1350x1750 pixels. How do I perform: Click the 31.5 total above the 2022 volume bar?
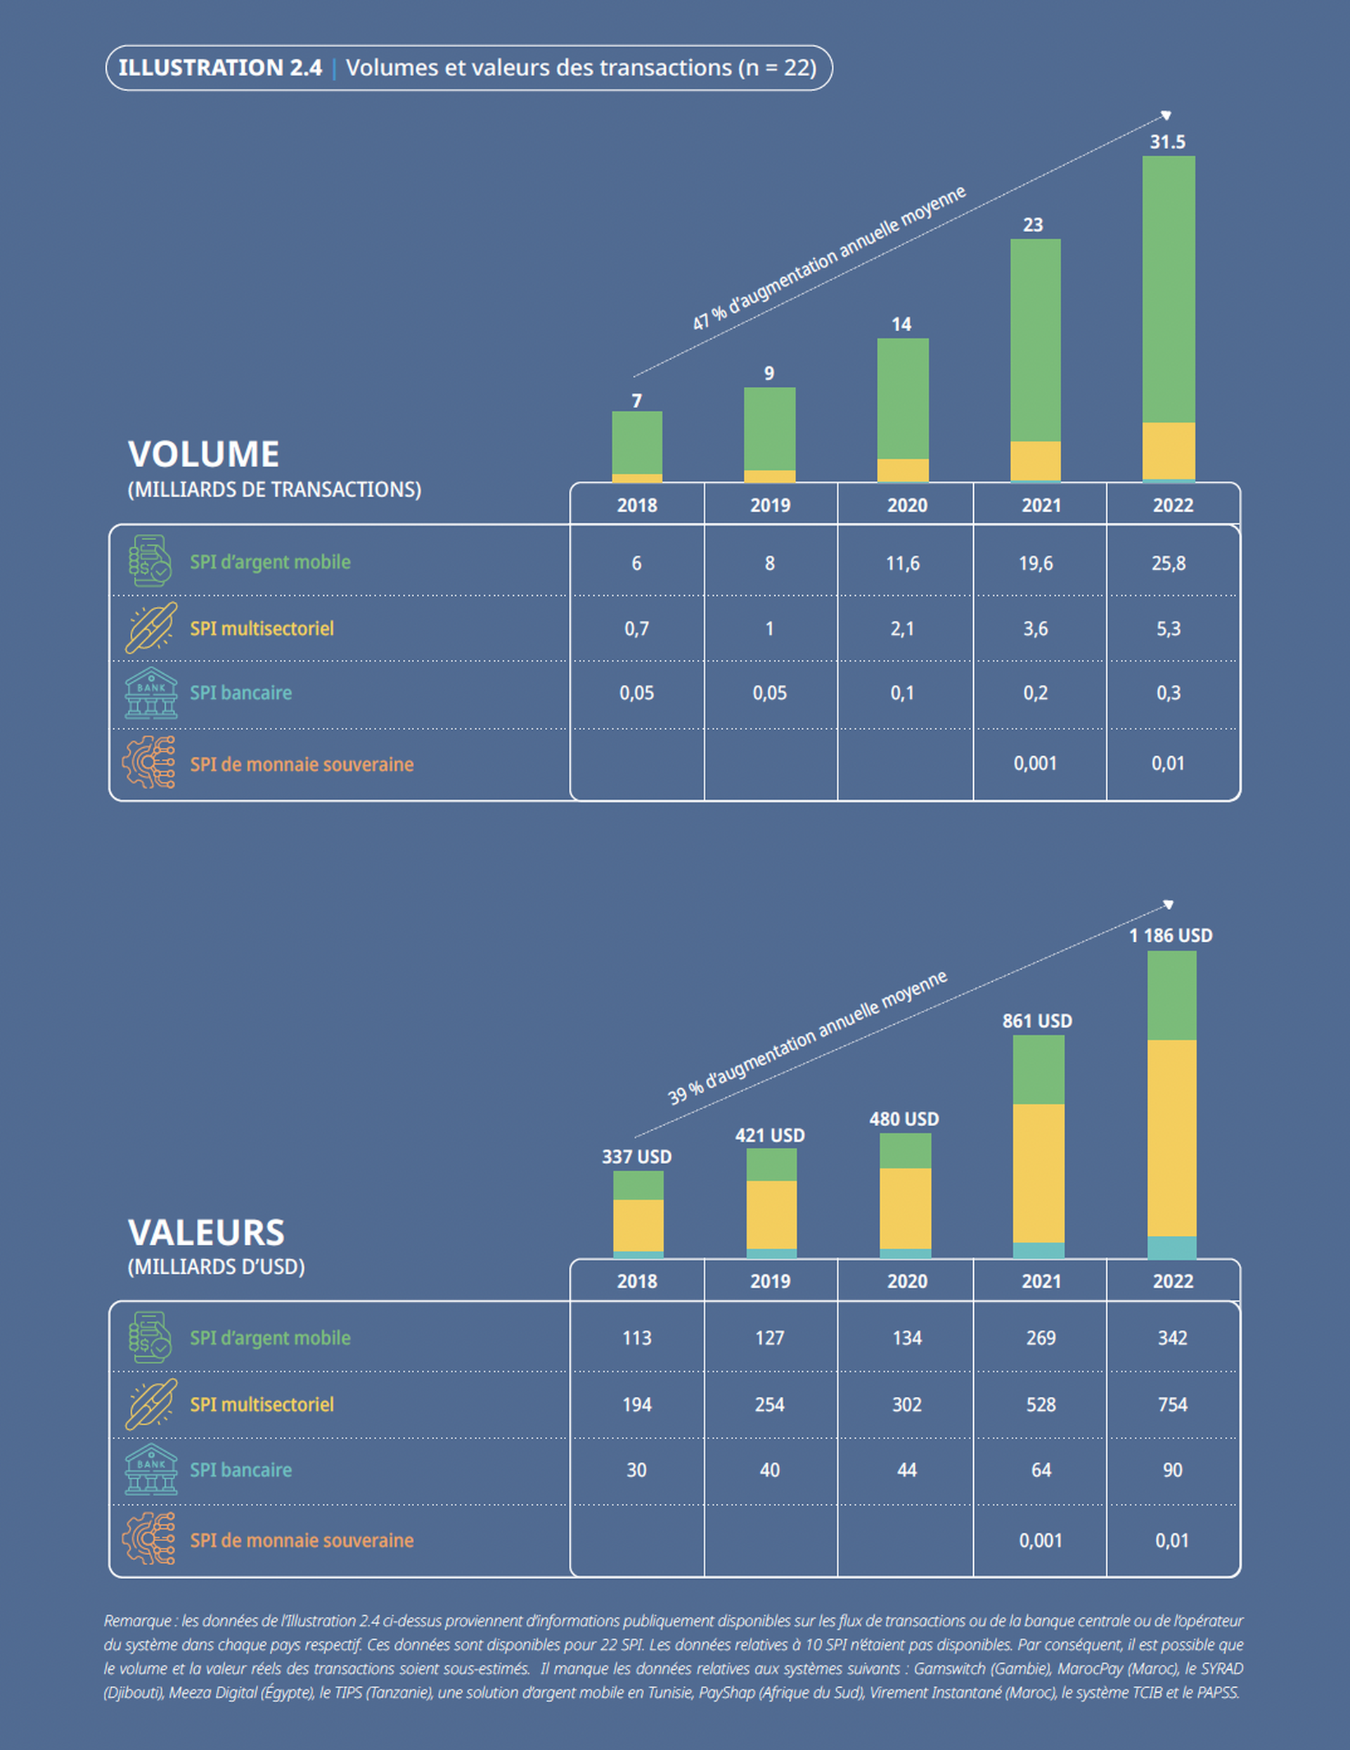(x=1167, y=142)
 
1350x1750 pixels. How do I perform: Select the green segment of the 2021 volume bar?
(x=1035, y=340)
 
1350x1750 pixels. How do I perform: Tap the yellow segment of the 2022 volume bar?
(x=1168, y=450)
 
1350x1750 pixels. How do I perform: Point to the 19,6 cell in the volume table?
(x=1035, y=563)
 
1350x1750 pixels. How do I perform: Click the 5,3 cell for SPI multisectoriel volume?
(x=1168, y=629)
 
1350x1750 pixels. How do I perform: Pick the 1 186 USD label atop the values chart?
(x=1171, y=935)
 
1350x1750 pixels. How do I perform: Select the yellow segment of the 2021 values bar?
(x=1039, y=1173)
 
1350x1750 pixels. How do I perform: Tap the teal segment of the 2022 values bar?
(x=1171, y=1247)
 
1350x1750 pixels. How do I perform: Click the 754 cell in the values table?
(x=1172, y=1404)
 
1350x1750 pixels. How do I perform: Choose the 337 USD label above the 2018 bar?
(x=637, y=1156)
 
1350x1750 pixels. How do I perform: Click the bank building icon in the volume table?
(x=150, y=692)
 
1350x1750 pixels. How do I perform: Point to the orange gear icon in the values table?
(x=149, y=1538)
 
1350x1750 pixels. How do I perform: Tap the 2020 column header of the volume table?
(x=907, y=506)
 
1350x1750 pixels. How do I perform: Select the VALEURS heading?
(x=206, y=1232)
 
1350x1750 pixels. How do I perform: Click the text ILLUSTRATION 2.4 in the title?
(x=220, y=68)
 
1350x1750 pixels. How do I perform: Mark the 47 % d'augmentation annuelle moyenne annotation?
(x=829, y=258)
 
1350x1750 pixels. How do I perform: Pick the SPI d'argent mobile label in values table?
(x=270, y=1337)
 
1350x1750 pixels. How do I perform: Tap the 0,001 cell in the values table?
(x=1040, y=1540)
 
